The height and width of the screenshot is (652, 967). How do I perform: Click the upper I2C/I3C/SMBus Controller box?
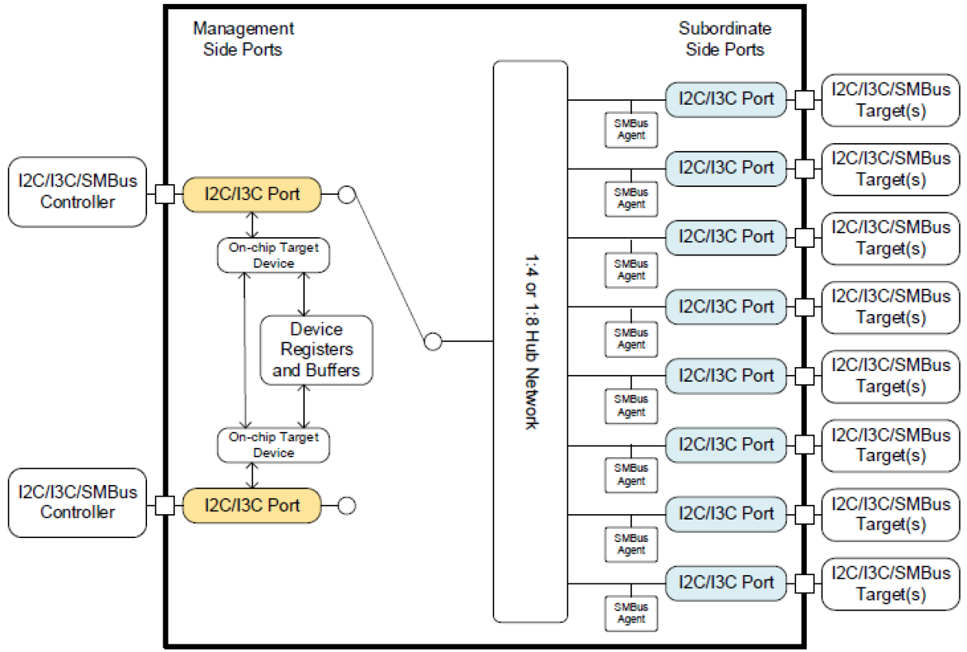pos(77,192)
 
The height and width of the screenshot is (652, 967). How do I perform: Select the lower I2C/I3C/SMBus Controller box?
pos(77,502)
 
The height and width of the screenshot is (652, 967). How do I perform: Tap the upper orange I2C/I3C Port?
pos(252,195)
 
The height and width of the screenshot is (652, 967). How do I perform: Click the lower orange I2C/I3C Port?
pos(252,506)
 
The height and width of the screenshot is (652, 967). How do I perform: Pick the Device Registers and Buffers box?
pos(316,350)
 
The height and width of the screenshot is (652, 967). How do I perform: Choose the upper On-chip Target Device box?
pos(273,256)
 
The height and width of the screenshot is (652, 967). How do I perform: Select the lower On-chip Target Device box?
pos(273,445)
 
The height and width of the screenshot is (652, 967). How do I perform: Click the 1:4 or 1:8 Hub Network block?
pos(530,341)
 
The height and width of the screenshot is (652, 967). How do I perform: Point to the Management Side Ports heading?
pos(243,39)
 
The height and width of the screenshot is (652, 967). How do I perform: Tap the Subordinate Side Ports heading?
pos(724,39)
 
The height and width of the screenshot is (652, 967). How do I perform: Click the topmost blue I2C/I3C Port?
pos(726,99)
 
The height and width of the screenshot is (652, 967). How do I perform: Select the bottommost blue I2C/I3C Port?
pos(726,582)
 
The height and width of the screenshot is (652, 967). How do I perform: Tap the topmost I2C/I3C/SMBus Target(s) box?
pos(891,100)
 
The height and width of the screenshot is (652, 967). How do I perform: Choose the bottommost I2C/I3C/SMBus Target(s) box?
pos(891,583)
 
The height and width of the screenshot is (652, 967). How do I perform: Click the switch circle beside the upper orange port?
pos(346,195)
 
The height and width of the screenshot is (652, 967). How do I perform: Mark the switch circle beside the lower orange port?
pos(346,506)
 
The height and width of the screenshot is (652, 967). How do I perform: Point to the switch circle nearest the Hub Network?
pos(433,341)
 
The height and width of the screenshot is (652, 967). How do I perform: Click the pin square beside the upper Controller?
pos(164,194)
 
